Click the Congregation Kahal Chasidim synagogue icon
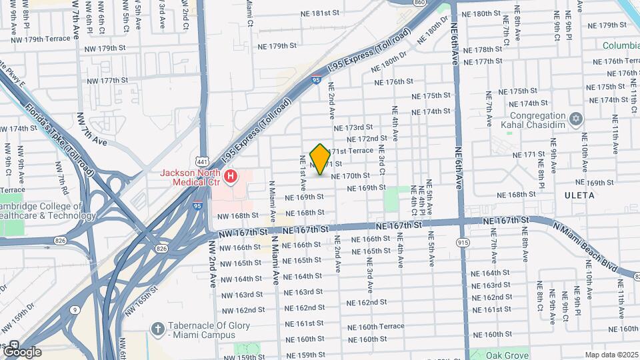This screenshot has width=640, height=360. [577, 119]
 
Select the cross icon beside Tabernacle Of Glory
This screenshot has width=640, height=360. [157, 329]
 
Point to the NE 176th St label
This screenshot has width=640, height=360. [393, 82]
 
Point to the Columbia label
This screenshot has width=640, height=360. [621, 46]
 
